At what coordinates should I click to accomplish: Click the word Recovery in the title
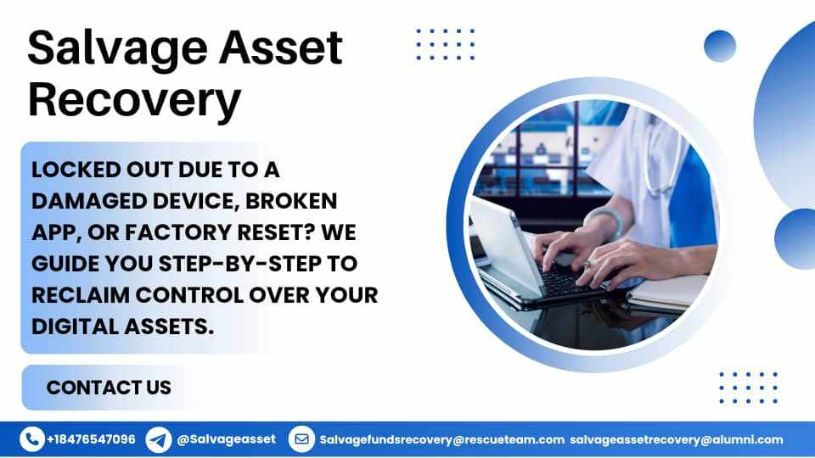click(x=134, y=101)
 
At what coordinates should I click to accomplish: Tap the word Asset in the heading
click(x=284, y=48)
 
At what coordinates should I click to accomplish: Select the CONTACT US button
click(x=109, y=388)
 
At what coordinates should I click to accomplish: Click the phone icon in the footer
click(x=31, y=439)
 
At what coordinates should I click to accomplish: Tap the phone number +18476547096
click(x=91, y=439)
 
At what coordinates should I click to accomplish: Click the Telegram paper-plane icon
click(x=158, y=439)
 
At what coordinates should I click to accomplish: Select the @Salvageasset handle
click(x=226, y=439)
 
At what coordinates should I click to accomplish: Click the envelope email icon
click(x=301, y=439)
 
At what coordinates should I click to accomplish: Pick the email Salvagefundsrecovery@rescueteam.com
click(x=441, y=439)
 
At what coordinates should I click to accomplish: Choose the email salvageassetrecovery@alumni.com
click(x=676, y=439)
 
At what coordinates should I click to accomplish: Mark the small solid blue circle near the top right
click(x=720, y=46)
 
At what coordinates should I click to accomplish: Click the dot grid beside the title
click(x=446, y=44)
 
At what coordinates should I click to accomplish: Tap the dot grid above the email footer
click(x=748, y=387)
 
